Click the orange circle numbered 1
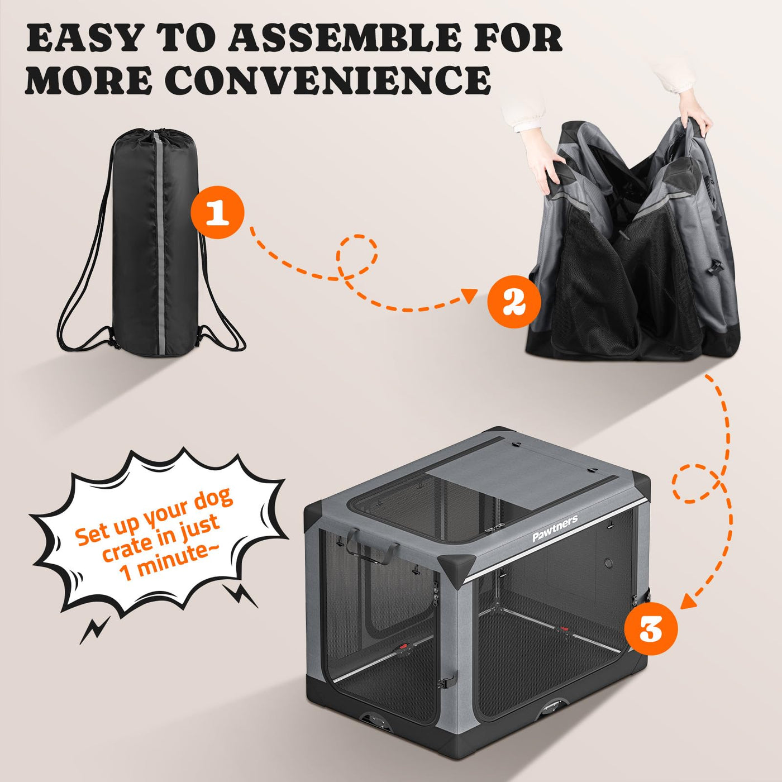pos(217,212)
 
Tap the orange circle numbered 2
pos(514,302)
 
